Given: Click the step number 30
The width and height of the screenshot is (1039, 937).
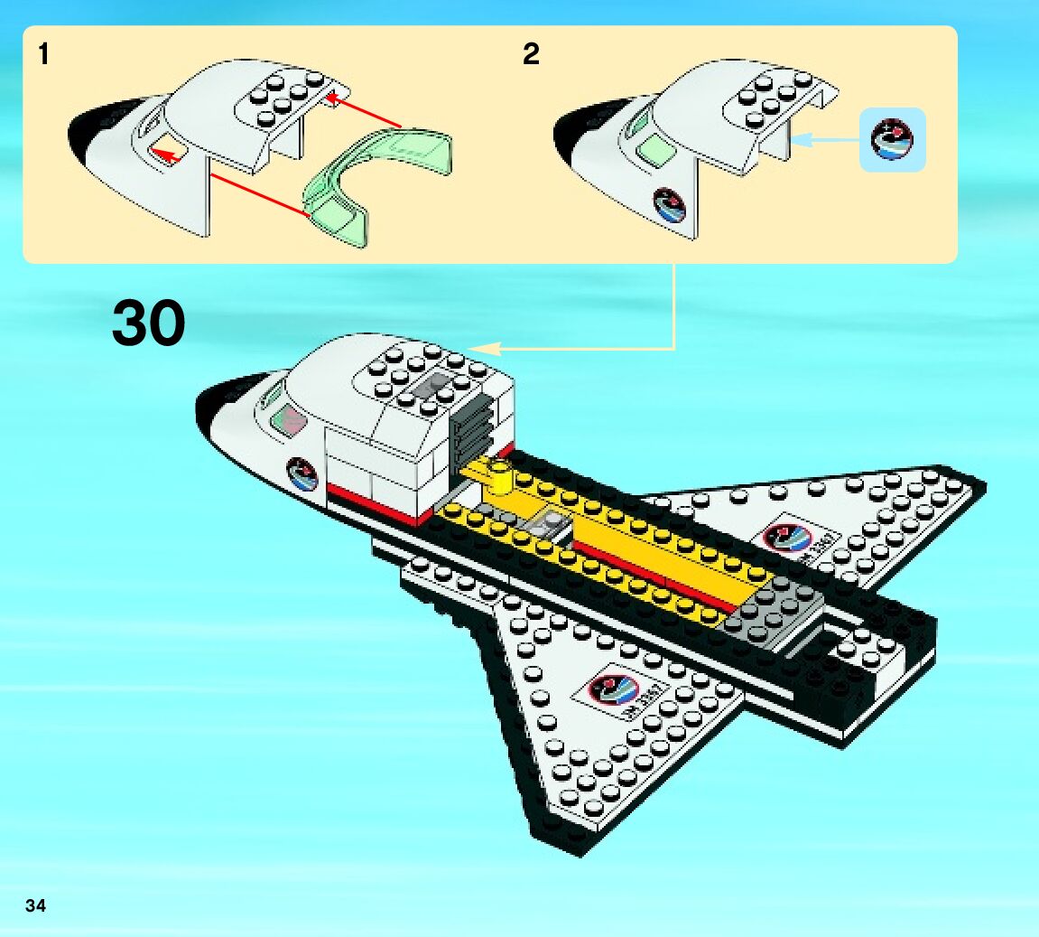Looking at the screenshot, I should click(149, 323).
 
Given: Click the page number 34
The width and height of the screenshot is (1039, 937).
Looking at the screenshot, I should click(35, 906).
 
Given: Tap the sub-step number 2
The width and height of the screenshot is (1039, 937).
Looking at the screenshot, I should click(531, 55).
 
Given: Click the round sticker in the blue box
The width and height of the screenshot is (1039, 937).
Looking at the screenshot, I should click(892, 139).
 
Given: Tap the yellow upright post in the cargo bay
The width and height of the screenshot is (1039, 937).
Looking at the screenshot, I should click(498, 479).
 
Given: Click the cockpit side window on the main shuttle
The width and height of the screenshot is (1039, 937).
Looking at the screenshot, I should click(290, 417).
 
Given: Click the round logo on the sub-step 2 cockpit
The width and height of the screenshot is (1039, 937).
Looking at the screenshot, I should click(670, 205).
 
